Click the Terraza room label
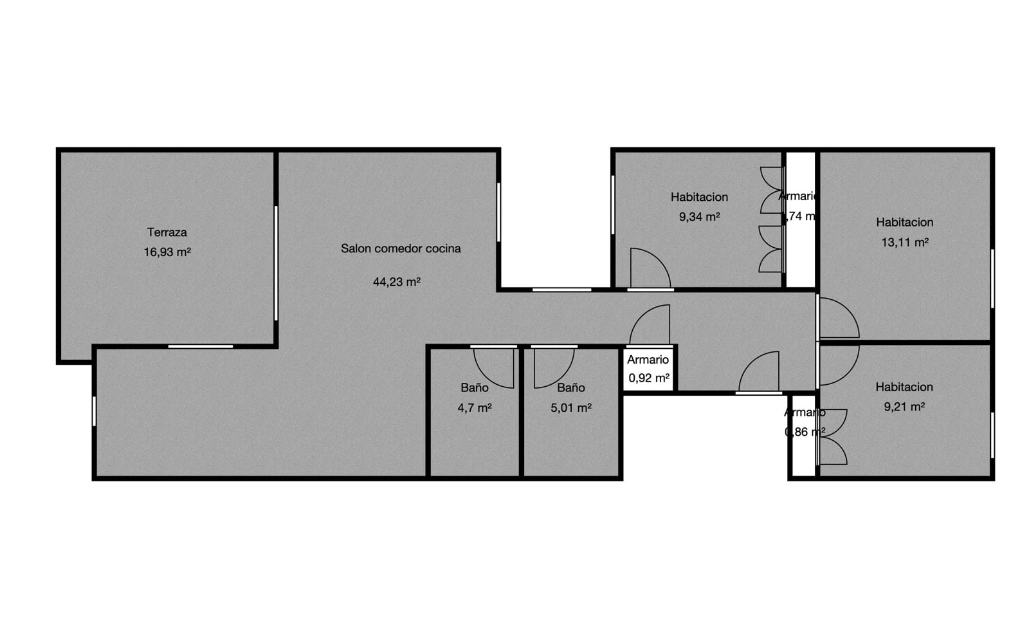click(167, 232)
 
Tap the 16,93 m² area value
click(167, 252)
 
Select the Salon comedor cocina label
click(401, 248)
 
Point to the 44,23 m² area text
click(396, 282)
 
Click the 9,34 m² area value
click(699, 217)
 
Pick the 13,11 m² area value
click(904, 243)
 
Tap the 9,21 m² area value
click(904, 407)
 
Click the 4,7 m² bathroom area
click(475, 407)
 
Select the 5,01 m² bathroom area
click(571, 407)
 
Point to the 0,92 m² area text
click(648, 378)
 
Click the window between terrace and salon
click(276, 263)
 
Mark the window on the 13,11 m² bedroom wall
click(992, 278)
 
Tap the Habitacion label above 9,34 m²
click(699, 197)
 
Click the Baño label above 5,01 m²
click(571, 387)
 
